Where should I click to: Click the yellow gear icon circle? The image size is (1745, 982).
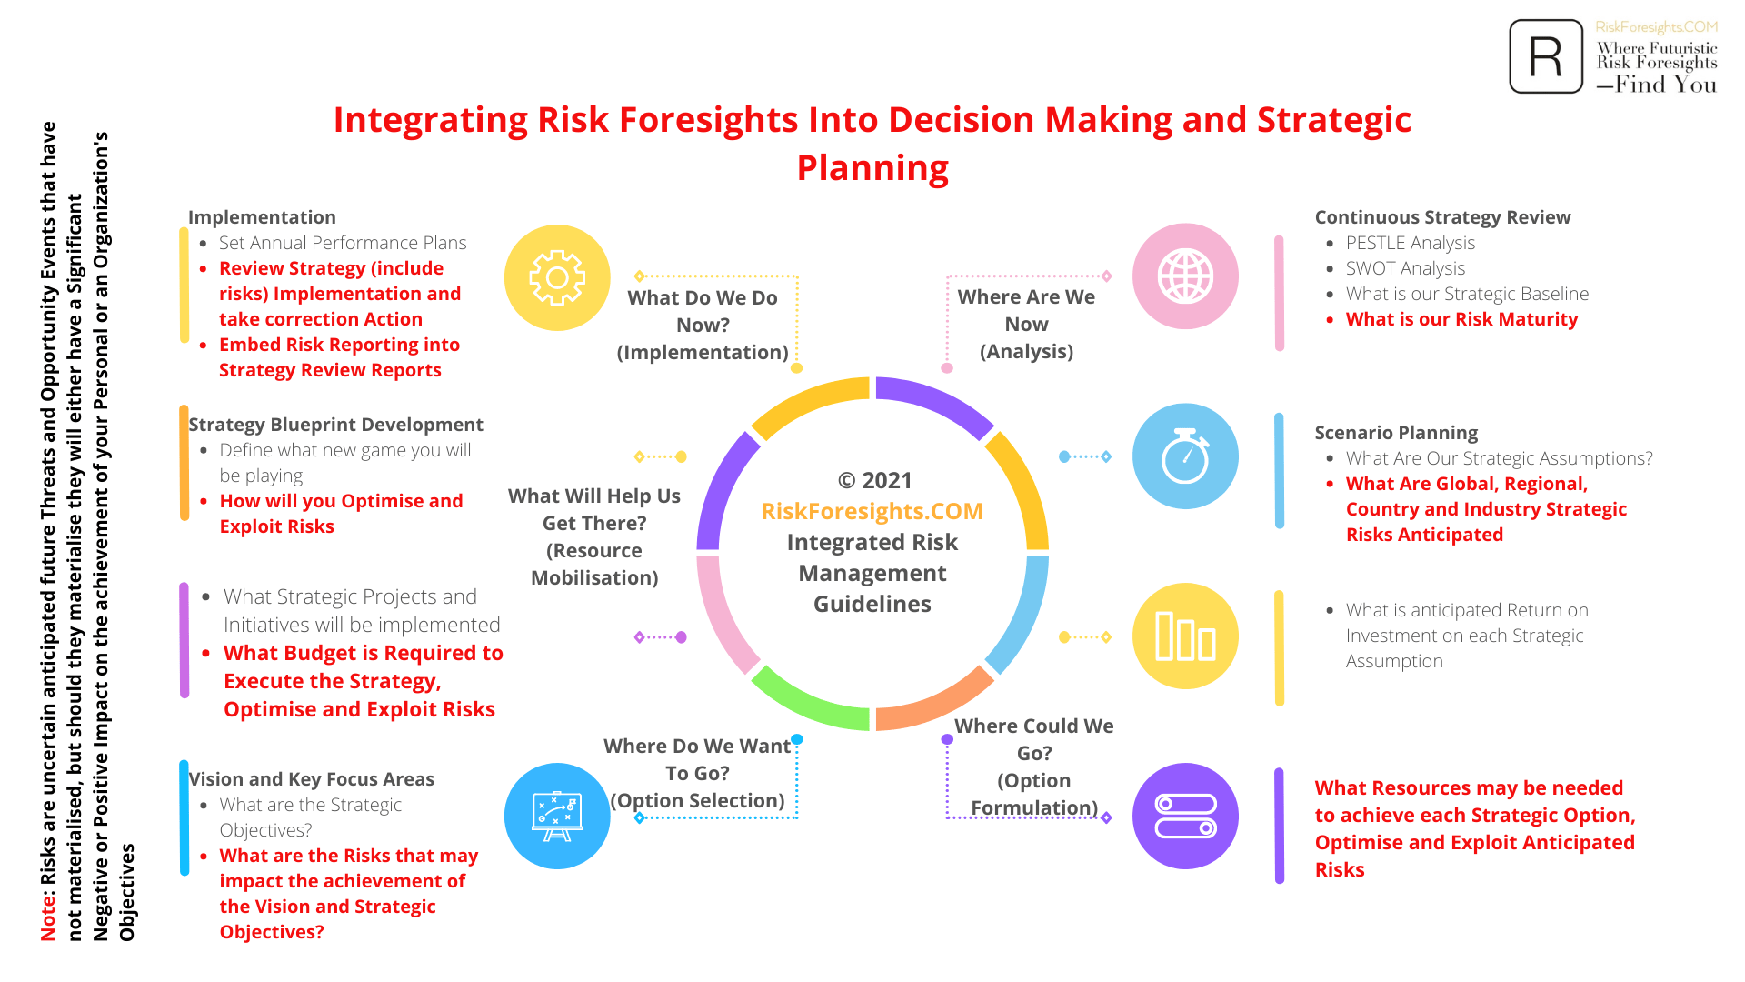pos(557,277)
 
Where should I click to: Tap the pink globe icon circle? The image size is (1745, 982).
pos(1185,276)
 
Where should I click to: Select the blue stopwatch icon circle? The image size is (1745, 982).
pos(1185,456)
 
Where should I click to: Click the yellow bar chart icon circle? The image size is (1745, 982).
pos(1185,636)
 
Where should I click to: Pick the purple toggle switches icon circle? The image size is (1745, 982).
pos(1185,817)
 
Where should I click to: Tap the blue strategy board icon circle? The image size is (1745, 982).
pos(557,817)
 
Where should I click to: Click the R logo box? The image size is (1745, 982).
pos(1546,56)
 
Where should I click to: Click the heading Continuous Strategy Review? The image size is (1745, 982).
pos(1442,217)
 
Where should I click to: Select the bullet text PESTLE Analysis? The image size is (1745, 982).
pos(1411,243)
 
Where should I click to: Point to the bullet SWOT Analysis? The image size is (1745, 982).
pos(1405,268)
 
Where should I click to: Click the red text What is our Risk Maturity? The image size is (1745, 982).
pos(1461,319)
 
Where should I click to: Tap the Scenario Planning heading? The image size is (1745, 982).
pos(1396,433)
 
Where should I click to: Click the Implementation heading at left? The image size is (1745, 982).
pos(262,217)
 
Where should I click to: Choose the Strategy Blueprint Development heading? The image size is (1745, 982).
pos(335,425)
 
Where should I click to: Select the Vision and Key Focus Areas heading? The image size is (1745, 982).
pos(311,779)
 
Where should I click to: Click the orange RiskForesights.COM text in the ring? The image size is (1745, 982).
pos(872,511)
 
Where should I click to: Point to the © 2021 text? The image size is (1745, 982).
pos(874,480)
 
